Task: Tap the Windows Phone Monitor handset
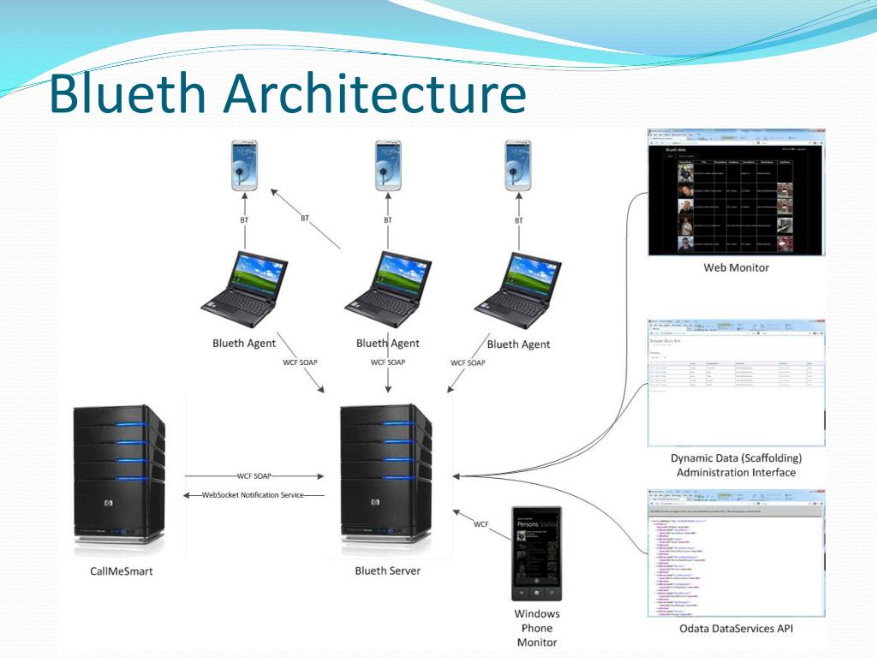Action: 536,553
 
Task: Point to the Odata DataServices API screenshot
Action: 736,553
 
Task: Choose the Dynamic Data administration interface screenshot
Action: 736,382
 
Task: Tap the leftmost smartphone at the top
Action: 245,166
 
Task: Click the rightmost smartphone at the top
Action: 518,166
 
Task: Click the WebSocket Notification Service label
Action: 253,494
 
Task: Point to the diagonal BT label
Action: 305,218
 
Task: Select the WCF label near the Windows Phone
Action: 481,523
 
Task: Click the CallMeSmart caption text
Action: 121,571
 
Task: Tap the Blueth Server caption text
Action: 388,571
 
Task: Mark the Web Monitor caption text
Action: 737,267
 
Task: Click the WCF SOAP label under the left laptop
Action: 300,362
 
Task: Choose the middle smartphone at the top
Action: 388,166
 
